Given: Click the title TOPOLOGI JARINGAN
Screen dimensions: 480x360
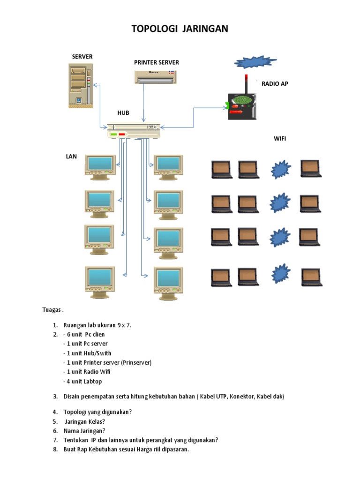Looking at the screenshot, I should pyautogui.click(x=180, y=29).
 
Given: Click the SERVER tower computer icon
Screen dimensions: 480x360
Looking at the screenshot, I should pyautogui.click(x=80, y=85).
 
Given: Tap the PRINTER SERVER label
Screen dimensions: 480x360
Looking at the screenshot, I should pyautogui.click(x=156, y=62).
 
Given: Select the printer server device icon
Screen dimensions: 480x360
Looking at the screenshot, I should pyautogui.click(x=155, y=77).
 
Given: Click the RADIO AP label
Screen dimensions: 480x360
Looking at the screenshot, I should pyautogui.click(x=275, y=83).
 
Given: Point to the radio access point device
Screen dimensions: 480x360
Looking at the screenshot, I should pyautogui.click(x=242, y=105).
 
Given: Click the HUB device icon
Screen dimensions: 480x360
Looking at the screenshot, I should pyautogui.click(x=134, y=131).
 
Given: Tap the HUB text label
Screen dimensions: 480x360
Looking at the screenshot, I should pyautogui.click(x=123, y=113).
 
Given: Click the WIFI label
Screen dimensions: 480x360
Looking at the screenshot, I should pyautogui.click(x=280, y=139).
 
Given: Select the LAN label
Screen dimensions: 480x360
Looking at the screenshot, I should pyautogui.click(x=71, y=156).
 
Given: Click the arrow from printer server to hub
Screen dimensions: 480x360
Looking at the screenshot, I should pyautogui.click(x=144, y=103).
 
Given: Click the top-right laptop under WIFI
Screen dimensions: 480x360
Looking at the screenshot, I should pyautogui.click(x=310, y=169).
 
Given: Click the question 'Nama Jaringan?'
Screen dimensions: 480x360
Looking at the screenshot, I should pyautogui.click(x=84, y=430).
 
